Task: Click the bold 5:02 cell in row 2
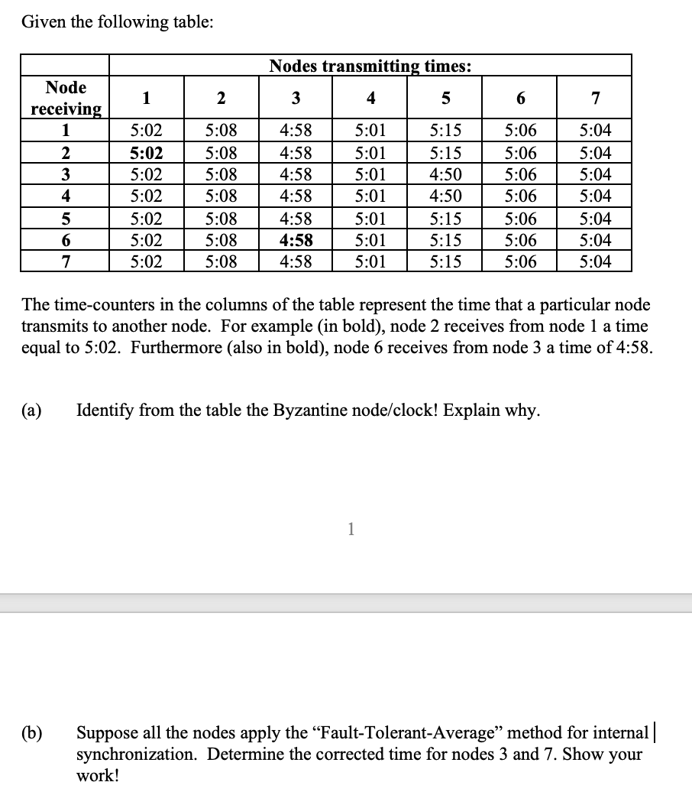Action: tap(145, 151)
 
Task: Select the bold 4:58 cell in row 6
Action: tap(296, 241)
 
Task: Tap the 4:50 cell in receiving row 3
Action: tap(445, 174)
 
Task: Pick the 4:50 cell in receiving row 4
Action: tap(445, 196)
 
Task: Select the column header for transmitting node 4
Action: tap(370, 98)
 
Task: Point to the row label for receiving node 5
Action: tap(66, 219)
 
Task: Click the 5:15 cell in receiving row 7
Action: tap(445, 263)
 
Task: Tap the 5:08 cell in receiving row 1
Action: tap(221, 129)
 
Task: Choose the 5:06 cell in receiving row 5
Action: tap(520, 219)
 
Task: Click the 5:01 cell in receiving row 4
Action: tap(370, 196)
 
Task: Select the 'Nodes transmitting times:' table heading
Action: tap(370, 66)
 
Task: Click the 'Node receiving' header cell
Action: tap(66, 98)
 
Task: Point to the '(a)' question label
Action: tap(31, 410)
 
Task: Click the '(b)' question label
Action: tap(31, 733)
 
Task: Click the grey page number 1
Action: tap(350, 529)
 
